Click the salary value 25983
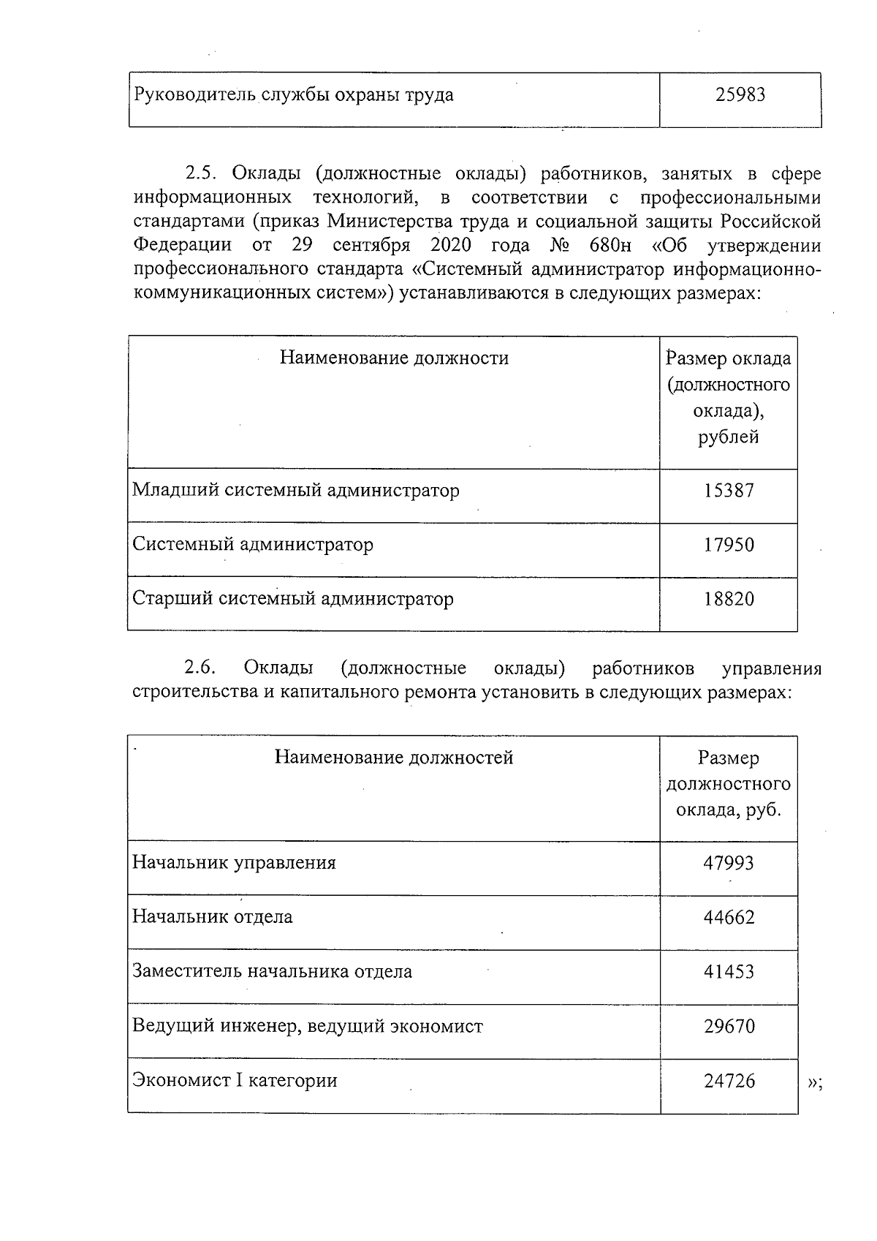(740, 95)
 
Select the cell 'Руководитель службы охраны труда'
(293, 95)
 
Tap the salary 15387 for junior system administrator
(729, 491)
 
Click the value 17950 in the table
(729, 545)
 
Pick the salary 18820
(729, 600)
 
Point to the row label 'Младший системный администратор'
(296, 490)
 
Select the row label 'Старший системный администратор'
(293, 599)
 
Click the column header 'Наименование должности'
(395, 358)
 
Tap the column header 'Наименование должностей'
(394, 757)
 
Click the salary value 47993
(729, 863)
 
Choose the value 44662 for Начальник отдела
(729, 917)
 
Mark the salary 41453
(729, 972)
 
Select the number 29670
(729, 1026)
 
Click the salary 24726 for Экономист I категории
(729, 1081)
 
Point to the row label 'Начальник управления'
(234, 863)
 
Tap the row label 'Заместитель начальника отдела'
(272, 972)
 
